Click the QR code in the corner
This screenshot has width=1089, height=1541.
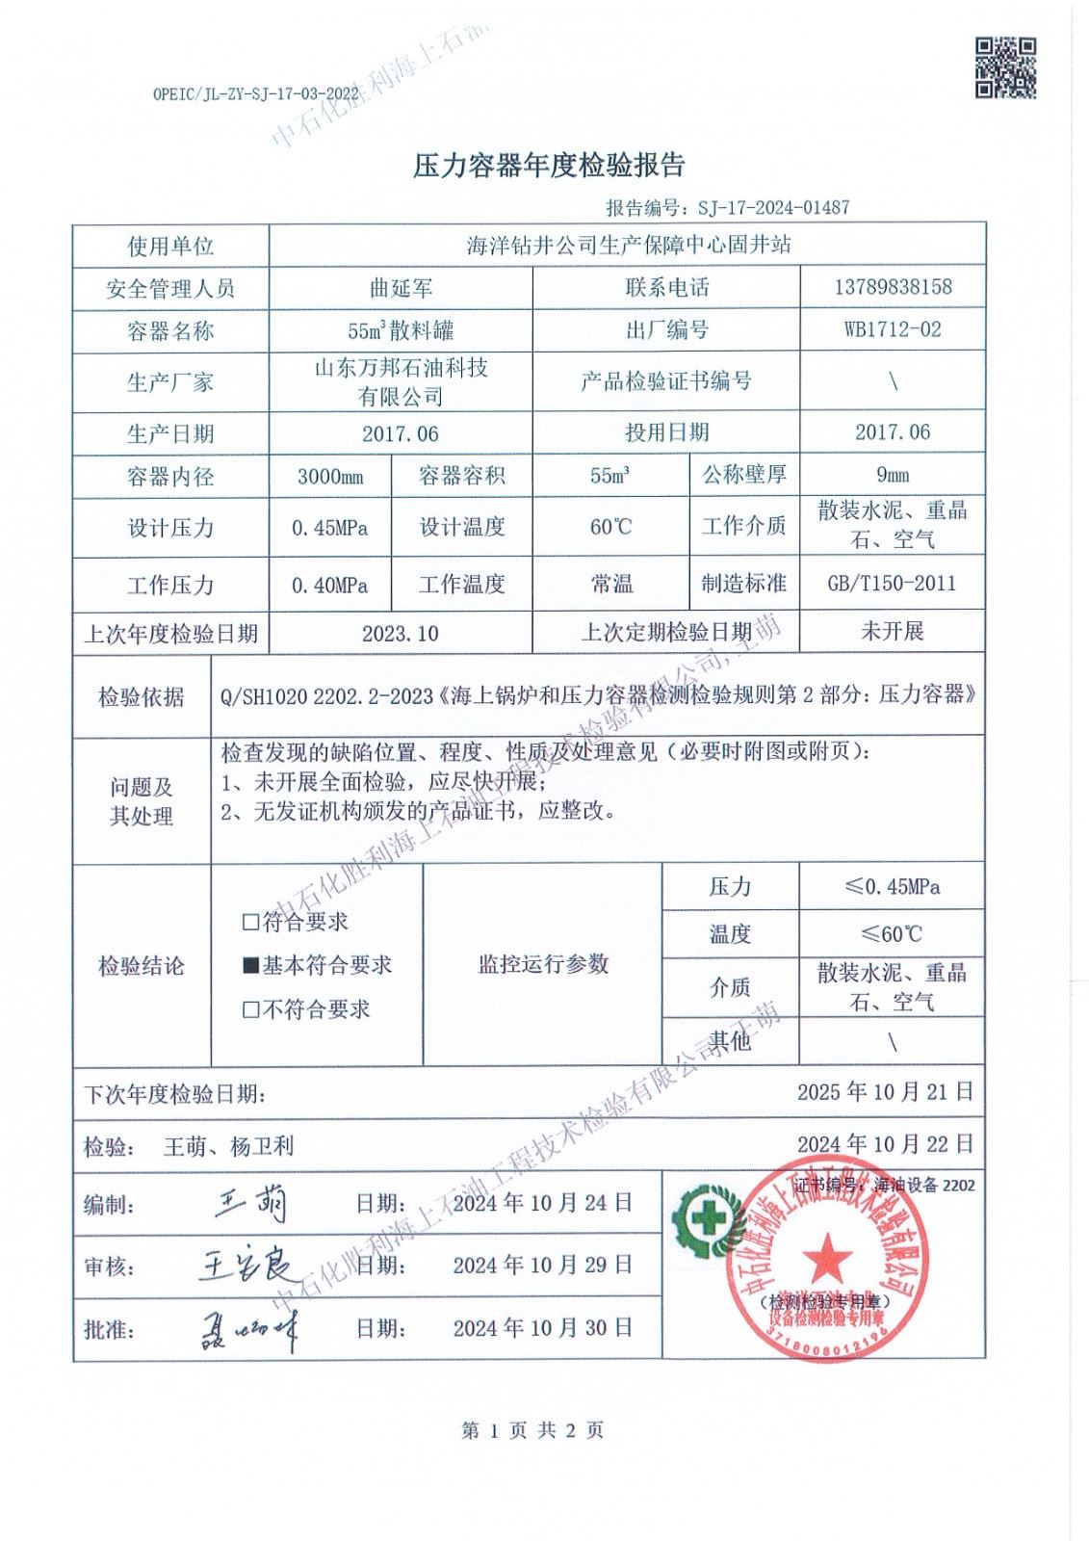point(1006,67)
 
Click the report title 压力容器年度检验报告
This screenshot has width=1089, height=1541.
point(549,166)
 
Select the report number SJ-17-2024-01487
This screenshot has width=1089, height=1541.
point(766,207)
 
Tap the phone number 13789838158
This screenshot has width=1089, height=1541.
point(893,287)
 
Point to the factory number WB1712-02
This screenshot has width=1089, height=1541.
point(893,329)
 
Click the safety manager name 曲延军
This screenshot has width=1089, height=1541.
point(401,287)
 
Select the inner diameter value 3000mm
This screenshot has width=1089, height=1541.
point(330,476)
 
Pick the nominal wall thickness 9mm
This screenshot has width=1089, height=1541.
point(893,475)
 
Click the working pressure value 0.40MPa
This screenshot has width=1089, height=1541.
point(330,585)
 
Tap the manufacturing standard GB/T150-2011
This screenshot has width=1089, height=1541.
point(893,583)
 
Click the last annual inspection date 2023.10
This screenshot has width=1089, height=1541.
point(401,633)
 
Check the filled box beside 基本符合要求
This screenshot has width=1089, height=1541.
point(251,966)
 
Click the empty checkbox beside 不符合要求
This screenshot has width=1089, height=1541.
point(251,1010)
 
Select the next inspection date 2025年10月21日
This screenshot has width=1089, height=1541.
point(885,1091)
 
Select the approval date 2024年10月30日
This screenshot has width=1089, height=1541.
point(543,1328)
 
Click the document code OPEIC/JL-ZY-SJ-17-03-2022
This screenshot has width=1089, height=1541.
point(255,93)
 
